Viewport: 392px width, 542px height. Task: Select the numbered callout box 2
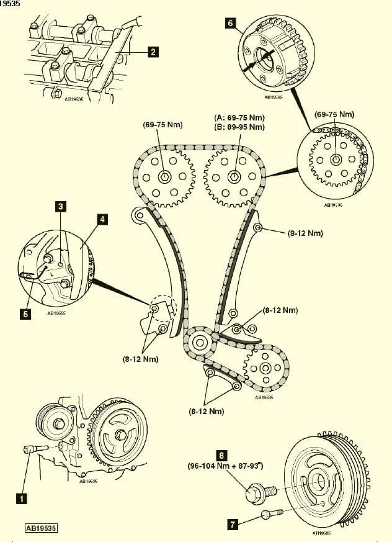(153, 52)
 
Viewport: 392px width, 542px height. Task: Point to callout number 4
(102, 219)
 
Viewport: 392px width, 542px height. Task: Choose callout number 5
(25, 314)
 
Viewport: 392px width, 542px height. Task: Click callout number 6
(231, 24)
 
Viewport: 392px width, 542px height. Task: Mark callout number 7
(232, 525)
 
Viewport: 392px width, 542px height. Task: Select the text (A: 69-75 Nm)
(239, 117)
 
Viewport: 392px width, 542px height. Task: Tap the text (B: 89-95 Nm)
(239, 127)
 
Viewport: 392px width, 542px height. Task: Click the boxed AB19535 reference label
(42, 528)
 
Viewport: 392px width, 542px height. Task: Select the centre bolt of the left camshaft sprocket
(164, 176)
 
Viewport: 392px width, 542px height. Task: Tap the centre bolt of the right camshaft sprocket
(234, 176)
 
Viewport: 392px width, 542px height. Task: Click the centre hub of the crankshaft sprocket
(200, 342)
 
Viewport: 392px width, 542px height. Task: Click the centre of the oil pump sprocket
(265, 368)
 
